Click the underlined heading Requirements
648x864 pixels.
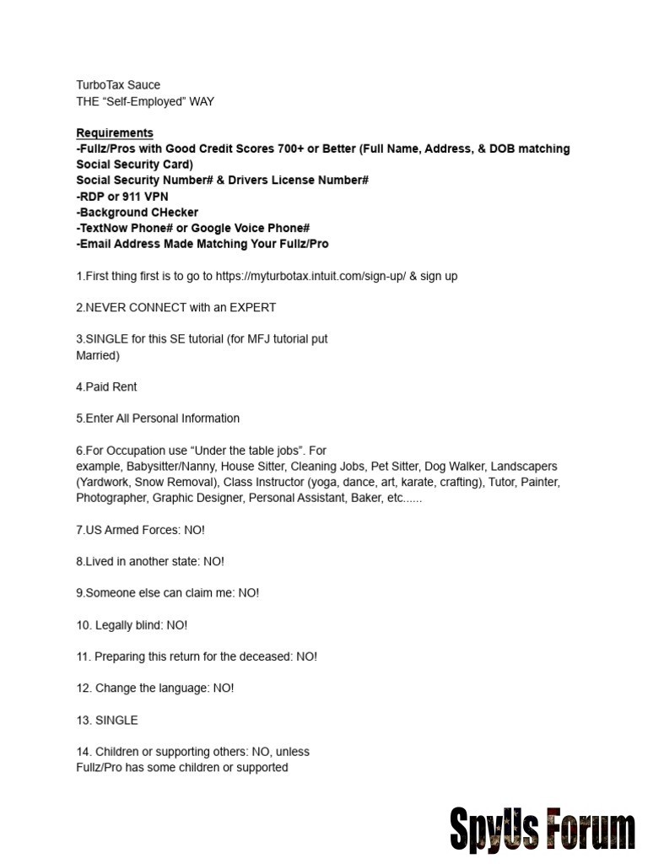click(x=115, y=133)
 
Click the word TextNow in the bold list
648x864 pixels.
click(x=104, y=229)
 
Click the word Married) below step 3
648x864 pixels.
click(x=98, y=355)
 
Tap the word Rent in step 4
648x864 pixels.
click(x=123, y=387)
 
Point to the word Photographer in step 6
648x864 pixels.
click(x=112, y=499)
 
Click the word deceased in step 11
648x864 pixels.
click(x=264, y=656)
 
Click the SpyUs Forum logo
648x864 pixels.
click(x=542, y=829)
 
